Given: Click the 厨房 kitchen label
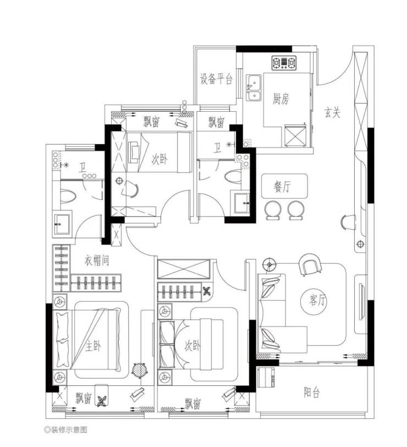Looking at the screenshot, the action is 281,99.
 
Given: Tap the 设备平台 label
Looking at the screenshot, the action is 216,79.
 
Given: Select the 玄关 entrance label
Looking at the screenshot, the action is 332,112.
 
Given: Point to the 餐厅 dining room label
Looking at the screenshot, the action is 282,187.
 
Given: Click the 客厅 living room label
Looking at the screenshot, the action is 317,300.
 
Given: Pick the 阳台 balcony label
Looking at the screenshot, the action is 312,393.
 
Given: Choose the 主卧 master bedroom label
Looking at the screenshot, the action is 93,346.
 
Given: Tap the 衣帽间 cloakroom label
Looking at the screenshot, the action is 97,260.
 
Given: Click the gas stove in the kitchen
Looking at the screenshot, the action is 284,63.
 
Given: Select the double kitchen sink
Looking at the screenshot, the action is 254,88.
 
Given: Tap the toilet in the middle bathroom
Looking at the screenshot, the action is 233,177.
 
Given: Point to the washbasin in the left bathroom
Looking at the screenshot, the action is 61,224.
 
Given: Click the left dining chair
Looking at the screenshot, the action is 273,210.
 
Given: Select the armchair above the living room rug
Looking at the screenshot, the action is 310,265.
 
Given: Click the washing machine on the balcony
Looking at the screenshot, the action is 266,377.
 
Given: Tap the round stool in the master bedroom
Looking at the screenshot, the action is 140,370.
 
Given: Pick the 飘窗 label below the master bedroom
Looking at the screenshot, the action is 84,398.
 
